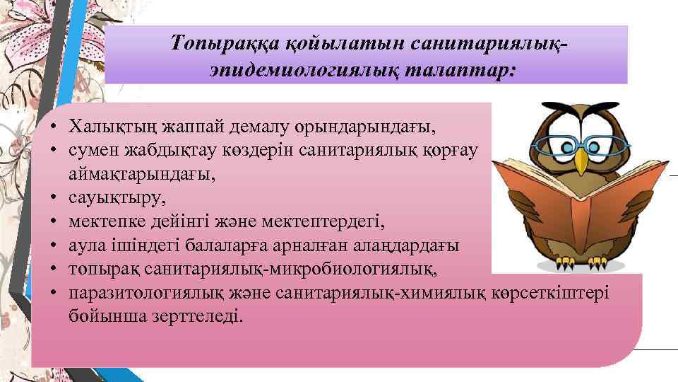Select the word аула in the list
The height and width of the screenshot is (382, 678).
coord(85,245)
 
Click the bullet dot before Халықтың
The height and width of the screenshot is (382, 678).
coord(54,128)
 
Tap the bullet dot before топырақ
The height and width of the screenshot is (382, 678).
coord(54,269)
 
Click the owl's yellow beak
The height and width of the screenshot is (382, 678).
coord(581,161)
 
